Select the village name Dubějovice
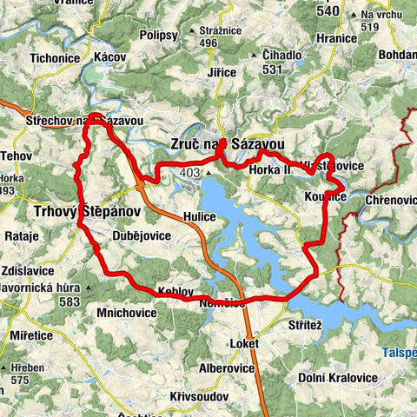[x=142, y=235]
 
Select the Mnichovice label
[x=127, y=309]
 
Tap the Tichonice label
[x=55, y=56]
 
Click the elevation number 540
[x=328, y=12]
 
